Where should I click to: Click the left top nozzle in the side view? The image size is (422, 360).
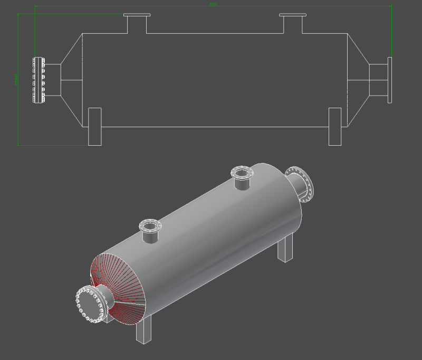[x=137, y=23]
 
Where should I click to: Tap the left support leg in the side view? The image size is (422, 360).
[x=94, y=126]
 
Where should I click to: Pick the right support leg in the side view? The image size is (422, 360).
[x=335, y=126]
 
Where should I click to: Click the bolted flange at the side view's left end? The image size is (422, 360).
[x=38, y=80]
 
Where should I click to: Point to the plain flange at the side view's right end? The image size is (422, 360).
[x=390, y=80]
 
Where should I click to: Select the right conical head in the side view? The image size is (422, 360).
[x=358, y=80]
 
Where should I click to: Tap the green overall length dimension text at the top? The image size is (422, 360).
[x=213, y=4]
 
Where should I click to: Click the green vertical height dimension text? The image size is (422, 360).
[x=16, y=79]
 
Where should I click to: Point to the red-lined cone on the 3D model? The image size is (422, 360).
[x=119, y=285]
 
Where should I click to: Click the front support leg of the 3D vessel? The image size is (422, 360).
[x=143, y=330]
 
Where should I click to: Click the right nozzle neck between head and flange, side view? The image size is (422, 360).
[x=378, y=80]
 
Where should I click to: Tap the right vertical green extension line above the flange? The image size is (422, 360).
[x=391, y=32]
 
